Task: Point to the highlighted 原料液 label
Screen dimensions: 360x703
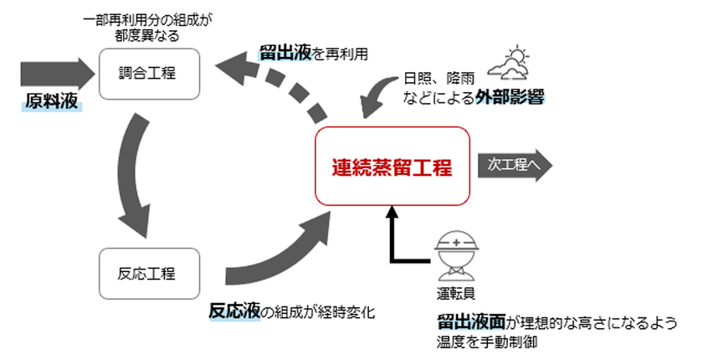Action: pyautogui.click(x=50, y=102)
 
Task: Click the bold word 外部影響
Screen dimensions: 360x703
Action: pyautogui.click(x=511, y=99)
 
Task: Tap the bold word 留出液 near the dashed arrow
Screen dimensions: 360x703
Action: pyautogui.click(x=285, y=53)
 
